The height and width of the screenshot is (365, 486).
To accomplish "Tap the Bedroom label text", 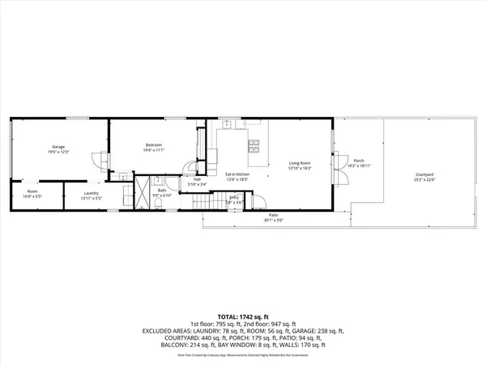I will pos(153,145).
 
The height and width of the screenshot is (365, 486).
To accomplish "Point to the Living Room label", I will pos(301,164).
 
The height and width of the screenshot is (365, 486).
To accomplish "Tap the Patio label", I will pos(273,215).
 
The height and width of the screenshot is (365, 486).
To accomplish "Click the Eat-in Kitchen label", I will pos(237,174).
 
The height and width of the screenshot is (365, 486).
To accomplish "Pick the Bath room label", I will pos(162,191).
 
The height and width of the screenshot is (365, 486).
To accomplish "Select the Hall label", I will pos(197,180).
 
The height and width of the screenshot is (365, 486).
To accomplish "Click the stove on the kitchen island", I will pos(254,146).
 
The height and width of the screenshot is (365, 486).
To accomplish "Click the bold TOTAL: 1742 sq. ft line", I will pos(242,315).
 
